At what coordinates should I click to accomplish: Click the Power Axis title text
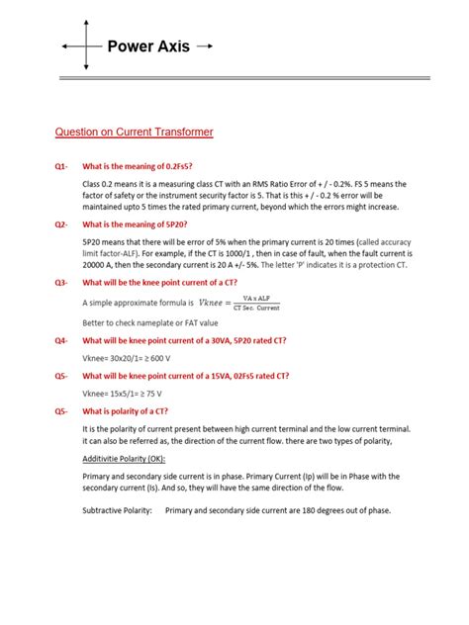(148, 46)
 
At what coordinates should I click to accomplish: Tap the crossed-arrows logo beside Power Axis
(86, 46)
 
